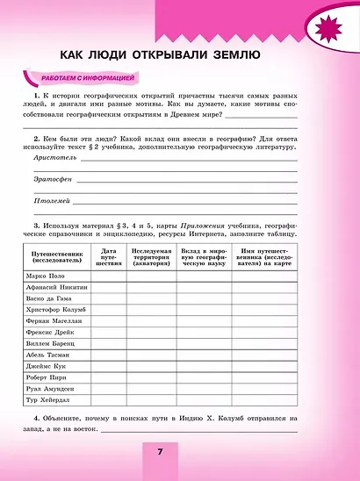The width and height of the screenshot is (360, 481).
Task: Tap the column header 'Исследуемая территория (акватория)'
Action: pos(152,256)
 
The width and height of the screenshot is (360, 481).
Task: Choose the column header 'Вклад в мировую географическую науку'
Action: pos(204,256)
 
